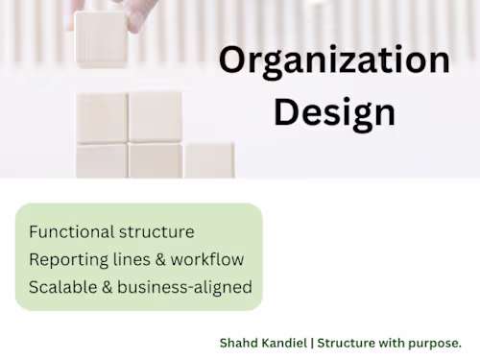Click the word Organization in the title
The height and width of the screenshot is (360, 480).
click(x=335, y=60)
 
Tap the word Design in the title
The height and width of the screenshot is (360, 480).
click(x=335, y=114)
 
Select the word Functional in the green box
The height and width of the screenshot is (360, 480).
click(x=72, y=231)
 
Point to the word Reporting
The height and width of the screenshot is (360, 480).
click(x=69, y=260)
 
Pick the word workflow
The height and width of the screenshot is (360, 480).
click(x=207, y=259)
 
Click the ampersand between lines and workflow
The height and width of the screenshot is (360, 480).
click(x=160, y=259)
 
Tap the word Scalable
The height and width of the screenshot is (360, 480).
click(x=63, y=287)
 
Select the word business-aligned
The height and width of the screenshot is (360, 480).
click(x=184, y=288)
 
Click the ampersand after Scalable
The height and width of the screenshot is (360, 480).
click(x=108, y=287)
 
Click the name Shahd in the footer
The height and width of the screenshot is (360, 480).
click(x=239, y=343)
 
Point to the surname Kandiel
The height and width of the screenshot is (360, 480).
click(x=284, y=343)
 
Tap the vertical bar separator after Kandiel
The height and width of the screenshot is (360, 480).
click(x=312, y=343)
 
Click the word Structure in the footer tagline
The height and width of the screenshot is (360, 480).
click(x=346, y=343)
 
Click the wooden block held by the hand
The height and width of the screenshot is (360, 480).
click(x=101, y=39)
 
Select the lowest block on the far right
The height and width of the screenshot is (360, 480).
click(x=209, y=160)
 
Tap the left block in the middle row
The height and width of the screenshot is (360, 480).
click(x=103, y=118)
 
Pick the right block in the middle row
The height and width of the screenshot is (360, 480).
click(x=156, y=117)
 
